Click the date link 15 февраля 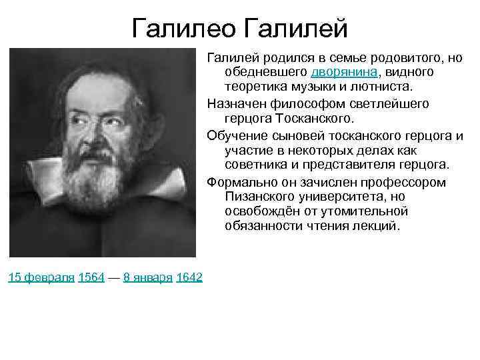[41, 277]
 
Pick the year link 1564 [91, 277]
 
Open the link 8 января [147, 277]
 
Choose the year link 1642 [189, 277]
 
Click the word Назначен [233, 104]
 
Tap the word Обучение [236, 135]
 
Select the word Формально [240, 182]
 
